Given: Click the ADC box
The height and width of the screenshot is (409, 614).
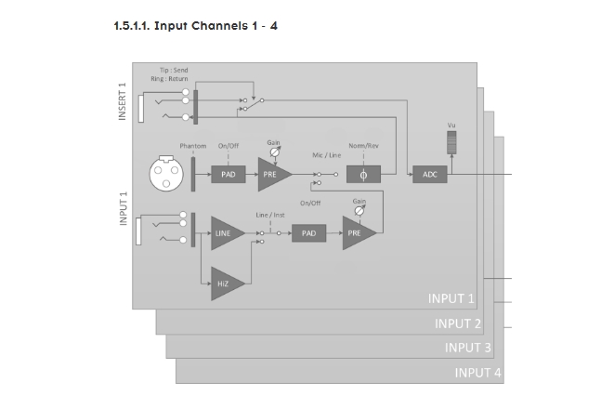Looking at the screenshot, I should pos(429,175).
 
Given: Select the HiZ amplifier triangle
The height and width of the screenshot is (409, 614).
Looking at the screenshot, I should pos(226,283).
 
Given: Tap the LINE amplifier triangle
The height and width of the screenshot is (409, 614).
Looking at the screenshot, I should pos(226,233).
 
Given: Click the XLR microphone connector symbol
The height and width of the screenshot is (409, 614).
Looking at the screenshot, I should pos(167,174).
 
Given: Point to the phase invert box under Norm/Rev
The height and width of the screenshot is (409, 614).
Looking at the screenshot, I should pos(363,175).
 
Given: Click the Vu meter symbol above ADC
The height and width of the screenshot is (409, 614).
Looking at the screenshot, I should pos(452,143).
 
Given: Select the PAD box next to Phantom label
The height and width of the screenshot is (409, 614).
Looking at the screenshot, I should pos(228,175).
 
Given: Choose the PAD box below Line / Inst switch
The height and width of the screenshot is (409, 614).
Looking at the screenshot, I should pos(308,233).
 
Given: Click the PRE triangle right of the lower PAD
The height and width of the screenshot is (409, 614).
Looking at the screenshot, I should pos(358,233).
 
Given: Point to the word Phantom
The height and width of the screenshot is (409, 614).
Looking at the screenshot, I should pos(193,146).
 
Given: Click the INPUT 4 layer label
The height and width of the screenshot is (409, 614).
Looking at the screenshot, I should pos(478,373).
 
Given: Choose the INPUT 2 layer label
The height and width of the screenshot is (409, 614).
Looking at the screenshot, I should pos(457,323).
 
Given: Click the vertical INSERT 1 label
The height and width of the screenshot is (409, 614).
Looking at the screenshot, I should pos(122,100).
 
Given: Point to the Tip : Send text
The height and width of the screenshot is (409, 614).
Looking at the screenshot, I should pos(174,71).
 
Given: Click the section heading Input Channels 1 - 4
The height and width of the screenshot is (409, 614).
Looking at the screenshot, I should pos(194,25).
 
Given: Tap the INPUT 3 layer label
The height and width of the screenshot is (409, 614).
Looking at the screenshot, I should pos(468,348).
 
